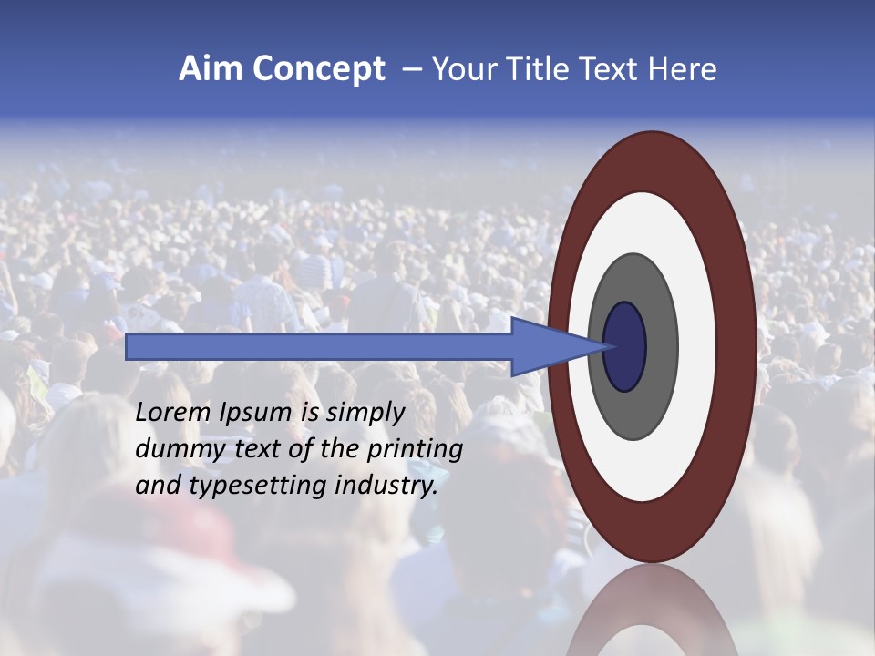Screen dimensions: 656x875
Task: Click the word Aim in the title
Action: (210, 69)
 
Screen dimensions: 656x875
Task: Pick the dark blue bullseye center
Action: (624, 346)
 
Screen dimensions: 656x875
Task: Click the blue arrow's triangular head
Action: (547, 346)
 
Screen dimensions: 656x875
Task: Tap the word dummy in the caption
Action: (177, 449)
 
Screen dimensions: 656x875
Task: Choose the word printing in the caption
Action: (415, 449)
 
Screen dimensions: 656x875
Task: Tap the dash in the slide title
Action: (412, 70)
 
